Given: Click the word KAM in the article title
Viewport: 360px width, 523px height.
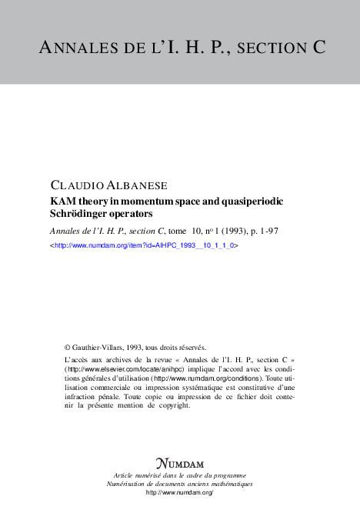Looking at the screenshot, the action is [x=62, y=201].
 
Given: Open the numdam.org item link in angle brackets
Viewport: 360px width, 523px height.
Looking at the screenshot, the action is [x=143, y=244].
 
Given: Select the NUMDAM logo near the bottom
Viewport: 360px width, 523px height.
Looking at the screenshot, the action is [x=179, y=463].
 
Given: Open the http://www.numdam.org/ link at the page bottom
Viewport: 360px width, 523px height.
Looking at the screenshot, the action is [x=179, y=491].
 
